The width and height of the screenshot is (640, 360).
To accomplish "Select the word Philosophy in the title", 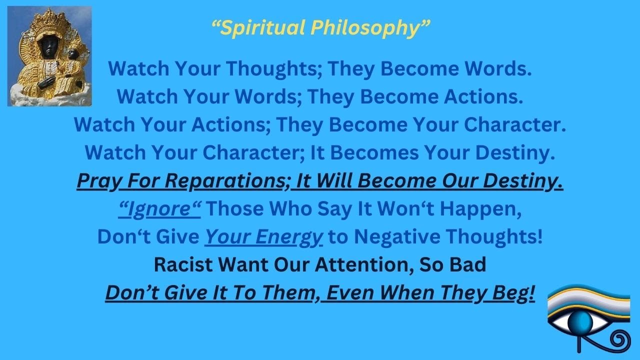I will [x=369, y=28].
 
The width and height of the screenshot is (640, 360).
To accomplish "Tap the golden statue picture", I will [x=49, y=56].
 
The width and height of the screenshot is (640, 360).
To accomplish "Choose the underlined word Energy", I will [x=289, y=236].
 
